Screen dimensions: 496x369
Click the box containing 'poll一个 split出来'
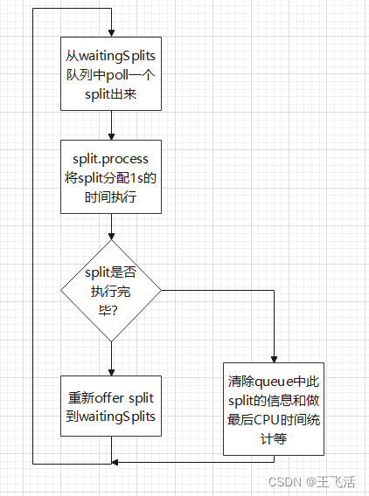coord(111,73)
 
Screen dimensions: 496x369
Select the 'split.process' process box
coord(111,177)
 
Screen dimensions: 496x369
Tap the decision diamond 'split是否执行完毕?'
coord(111,291)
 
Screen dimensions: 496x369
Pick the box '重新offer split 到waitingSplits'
coord(111,407)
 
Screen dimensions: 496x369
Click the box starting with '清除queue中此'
coord(274,409)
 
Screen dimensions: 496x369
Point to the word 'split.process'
coord(111,160)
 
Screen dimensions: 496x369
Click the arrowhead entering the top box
coord(111,32)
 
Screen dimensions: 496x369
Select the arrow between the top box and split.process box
coord(111,125)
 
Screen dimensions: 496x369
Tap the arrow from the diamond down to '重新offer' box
coord(111,358)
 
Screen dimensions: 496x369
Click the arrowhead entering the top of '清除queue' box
coord(274,358)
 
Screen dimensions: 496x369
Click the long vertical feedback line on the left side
coord(32,236)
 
